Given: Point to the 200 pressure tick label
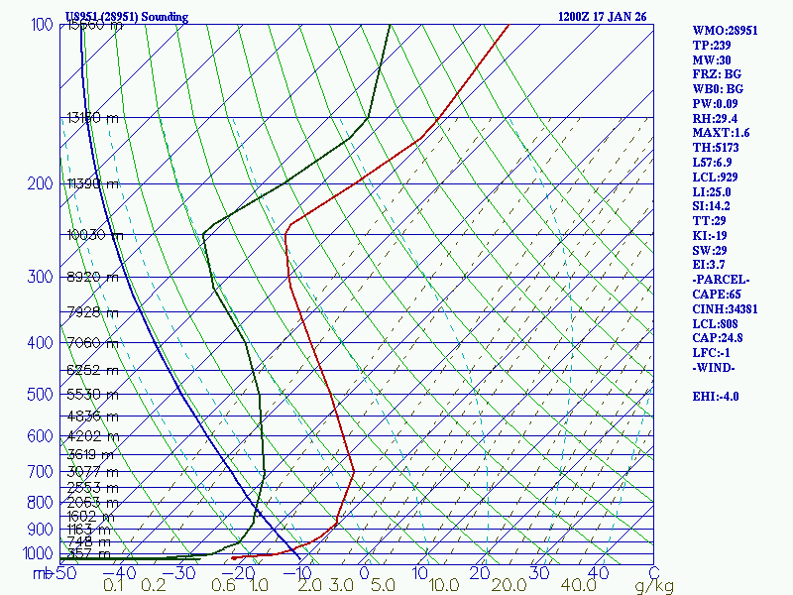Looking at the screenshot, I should pyautogui.click(x=42, y=183).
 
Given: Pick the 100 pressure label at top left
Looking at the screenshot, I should pyautogui.click(x=42, y=25).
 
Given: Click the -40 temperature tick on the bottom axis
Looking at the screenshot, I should pyautogui.click(x=120, y=573).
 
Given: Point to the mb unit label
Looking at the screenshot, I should pyautogui.click(x=43, y=573).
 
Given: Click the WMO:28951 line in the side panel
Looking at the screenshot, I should pyautogui.click(x=726, y=31).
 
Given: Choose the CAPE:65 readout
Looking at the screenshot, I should pyautogui.click(x=718, y=295).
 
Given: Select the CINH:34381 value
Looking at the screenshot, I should pyautogui.click(x=728, y=309).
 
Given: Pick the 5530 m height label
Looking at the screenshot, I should pyautogui.click(x=92, y=395).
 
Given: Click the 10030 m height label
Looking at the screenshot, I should pyautogui.click(x=95, y=235).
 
